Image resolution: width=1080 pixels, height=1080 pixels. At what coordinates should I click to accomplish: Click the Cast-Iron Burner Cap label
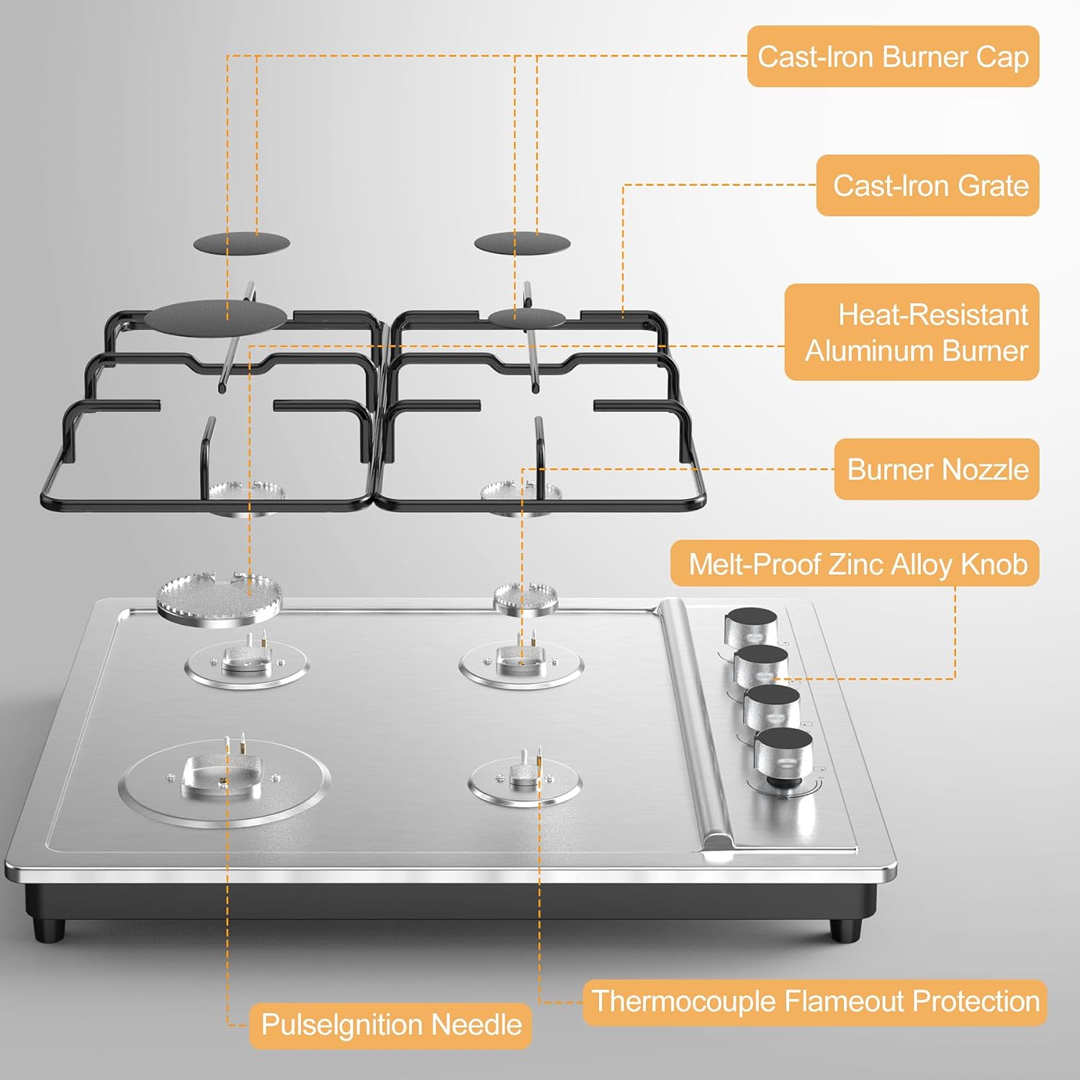tap(893, 57)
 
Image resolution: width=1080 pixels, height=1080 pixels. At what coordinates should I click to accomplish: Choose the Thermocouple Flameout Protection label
tap(814, 1002)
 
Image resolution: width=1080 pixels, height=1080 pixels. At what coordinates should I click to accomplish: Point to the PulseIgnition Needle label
tap(390, 1025)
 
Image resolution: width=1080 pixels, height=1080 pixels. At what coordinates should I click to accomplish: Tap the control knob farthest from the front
tap(751, 626)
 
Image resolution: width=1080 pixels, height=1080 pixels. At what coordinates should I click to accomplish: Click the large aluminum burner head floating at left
tap(219, 597)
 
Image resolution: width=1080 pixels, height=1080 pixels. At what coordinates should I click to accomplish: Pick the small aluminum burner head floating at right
tap(525, 599)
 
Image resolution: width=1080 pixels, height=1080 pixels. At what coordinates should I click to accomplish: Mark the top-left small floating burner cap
tap(241, 243)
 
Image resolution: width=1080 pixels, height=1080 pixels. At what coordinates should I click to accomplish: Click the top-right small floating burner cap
tap(522, 243)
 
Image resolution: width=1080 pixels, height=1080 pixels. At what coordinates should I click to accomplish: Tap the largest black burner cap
tap(215, 318)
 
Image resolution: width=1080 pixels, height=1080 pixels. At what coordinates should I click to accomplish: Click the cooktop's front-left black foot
tap(49, 929)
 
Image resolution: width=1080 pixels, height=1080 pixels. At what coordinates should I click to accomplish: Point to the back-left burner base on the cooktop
tap(246, 663)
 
